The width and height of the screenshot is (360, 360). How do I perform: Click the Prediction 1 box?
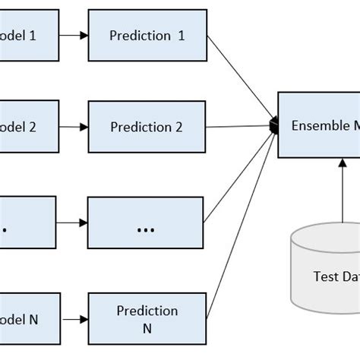[147, 35]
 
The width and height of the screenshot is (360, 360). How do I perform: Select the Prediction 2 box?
[147, 127]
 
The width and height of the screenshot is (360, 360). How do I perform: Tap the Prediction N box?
[147, 318]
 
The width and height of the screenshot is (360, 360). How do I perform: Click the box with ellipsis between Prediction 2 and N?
[146, 223]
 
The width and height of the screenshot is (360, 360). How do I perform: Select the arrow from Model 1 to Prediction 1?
[73, 35]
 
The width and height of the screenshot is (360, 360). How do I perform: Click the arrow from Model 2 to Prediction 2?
[73, 127]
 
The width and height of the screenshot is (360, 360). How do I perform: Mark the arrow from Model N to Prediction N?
[73, 318]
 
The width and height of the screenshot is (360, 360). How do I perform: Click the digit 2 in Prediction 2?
[178, 127]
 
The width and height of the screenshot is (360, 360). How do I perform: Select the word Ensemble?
[320, 125]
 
